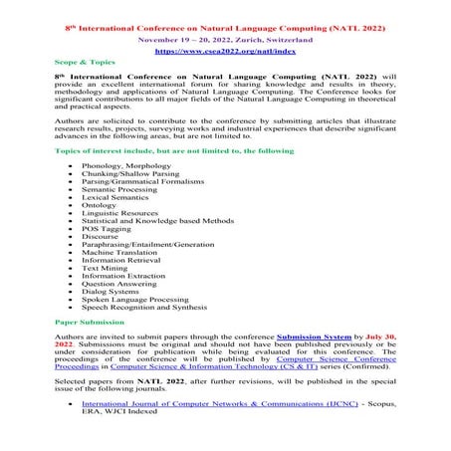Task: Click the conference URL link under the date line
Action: [224, 47]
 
